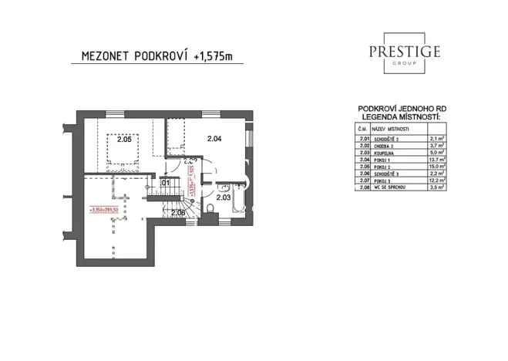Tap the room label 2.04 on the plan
click(214, 139)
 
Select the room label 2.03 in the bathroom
click(224, 197)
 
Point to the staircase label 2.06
click(178, 212)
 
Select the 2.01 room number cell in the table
click(365, 138)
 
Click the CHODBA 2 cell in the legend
click(385, 145)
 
